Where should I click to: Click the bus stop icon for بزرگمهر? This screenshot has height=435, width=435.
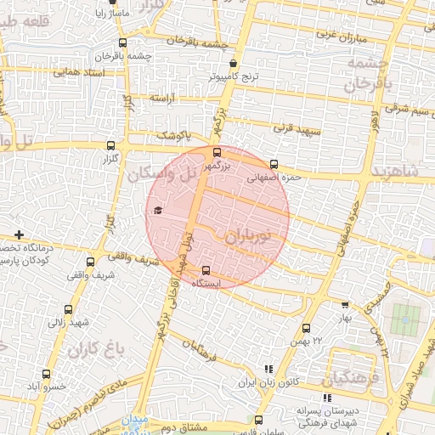(217, 152)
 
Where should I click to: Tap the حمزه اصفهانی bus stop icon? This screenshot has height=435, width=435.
(273, 165)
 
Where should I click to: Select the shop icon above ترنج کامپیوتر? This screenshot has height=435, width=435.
(234, 62)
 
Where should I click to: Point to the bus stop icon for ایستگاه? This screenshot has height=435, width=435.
(206, 271)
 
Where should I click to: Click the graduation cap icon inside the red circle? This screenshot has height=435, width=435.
(157, 211)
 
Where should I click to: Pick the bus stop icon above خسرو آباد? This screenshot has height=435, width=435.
(46, 374)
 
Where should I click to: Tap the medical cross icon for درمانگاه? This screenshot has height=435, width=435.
(19, 234)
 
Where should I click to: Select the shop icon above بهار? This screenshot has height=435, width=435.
(345, 304)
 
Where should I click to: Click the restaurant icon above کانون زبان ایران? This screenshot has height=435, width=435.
(269, 370)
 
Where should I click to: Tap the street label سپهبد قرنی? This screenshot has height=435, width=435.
(293, 129)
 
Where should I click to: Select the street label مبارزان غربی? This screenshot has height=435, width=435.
(341, 36)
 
